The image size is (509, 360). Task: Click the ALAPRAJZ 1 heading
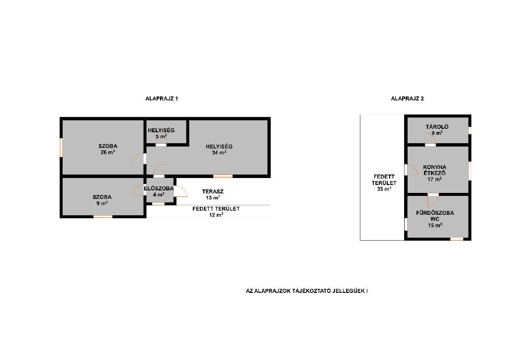162,98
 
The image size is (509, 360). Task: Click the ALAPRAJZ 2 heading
407,98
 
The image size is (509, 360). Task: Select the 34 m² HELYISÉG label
219,149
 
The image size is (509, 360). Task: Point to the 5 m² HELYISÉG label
161,133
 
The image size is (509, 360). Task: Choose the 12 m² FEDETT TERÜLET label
216,212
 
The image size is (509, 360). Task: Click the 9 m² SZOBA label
102,200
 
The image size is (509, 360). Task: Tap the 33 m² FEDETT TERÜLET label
384,183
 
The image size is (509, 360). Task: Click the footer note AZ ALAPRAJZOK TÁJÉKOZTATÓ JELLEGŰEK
307,291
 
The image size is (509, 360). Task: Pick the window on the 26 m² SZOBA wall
61,148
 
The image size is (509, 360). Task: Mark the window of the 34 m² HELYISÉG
223,176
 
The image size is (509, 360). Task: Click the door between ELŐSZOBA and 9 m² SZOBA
139,190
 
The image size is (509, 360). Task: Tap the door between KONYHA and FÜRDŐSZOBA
433,200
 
